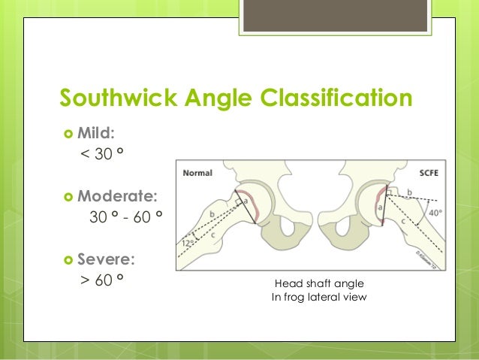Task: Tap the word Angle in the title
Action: tap(225, 98)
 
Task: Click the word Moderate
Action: tap(118, 197)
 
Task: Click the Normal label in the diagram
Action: tap(197, 172)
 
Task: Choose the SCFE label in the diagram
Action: tap(431, 172)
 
